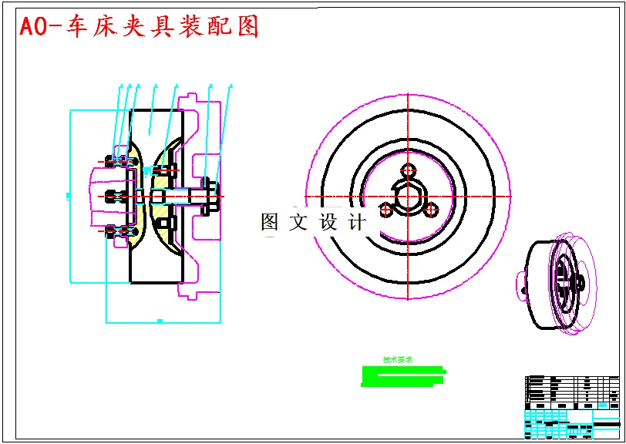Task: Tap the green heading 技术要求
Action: click(399, 360)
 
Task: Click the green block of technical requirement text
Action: click(402, 375)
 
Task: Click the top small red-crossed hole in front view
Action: click(408, 170)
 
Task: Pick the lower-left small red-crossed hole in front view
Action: click(385, 208)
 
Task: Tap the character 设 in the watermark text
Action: click(328, 223)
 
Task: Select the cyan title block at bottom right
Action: click(571, 423)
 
